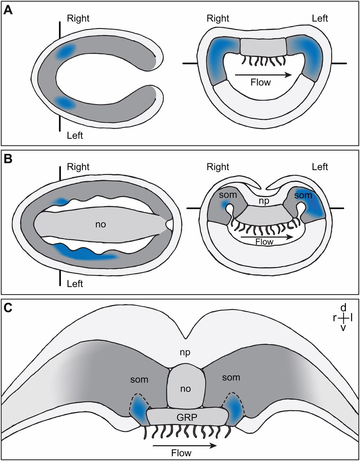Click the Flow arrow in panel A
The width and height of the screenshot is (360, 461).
point(263,75)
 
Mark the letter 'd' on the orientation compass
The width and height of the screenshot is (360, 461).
point(343,308)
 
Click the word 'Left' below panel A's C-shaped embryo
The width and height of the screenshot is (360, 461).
point(75,135)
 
